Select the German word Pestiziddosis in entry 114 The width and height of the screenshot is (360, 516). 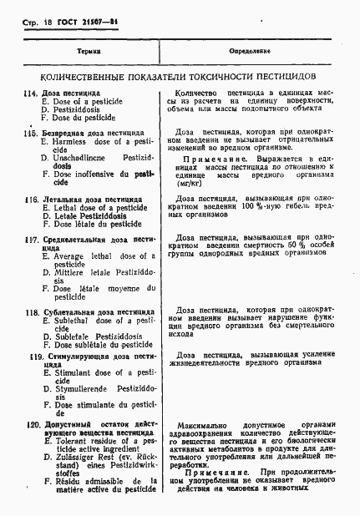tap(76, 109)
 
